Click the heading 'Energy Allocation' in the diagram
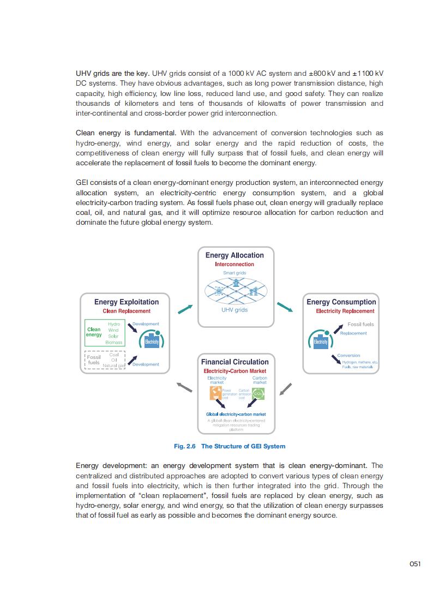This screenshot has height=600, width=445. coord(234,255)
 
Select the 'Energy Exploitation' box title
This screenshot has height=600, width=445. coord(127,302)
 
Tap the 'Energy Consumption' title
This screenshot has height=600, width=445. coord(341,302)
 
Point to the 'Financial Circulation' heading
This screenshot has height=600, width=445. coord(235,362)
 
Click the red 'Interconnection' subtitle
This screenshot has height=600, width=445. coord(234,265)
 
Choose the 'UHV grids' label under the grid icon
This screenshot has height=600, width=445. coord(234,310)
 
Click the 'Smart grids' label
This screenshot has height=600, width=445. coord(234,273)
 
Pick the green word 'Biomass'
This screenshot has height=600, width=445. coord(114,343)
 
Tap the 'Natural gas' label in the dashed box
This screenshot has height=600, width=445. coord(114,365)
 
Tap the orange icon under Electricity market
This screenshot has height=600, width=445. coord(217,394)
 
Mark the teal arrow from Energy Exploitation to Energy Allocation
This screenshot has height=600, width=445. coord(185,309)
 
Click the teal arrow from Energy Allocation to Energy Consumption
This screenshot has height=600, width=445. coord(285,308)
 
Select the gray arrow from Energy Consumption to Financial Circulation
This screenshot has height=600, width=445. coord(285,389)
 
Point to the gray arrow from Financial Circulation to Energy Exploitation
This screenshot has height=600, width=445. coord(185,387)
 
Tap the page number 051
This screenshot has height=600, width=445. coord(414,564)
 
